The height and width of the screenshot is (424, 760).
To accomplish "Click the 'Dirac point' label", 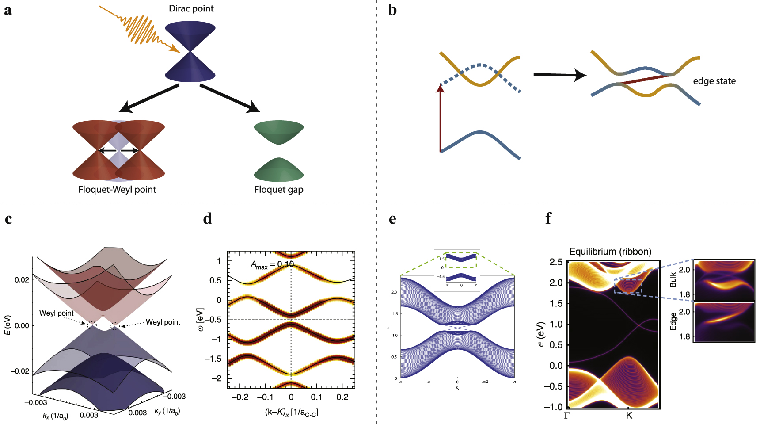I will click(191, 8).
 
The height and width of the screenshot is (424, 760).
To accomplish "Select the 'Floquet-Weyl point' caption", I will click(117, 190).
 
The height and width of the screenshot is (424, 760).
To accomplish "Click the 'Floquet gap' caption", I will click(279, 190).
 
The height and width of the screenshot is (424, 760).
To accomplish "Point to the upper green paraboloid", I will click(279, 132).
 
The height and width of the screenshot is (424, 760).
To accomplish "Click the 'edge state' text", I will click(714, 81).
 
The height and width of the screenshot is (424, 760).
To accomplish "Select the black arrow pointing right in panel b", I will click(559, 75).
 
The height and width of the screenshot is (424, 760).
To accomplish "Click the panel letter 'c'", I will click(8, 219).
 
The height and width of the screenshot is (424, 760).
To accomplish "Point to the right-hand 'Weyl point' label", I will click(163, 322).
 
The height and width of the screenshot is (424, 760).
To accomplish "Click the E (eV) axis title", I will click(8, 325).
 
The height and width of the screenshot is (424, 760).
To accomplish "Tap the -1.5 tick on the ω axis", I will click(213, 359).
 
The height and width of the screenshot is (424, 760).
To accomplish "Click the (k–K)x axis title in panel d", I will click(291, 412).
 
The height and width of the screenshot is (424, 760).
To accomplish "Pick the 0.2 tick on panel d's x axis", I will click(342, 397).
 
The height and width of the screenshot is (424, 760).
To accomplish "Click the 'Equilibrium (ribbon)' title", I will click(610, 252).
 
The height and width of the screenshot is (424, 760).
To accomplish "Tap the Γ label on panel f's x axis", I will click(567, 416).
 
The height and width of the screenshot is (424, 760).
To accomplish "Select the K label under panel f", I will click(629, 416).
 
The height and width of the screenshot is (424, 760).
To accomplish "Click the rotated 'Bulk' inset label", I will click(673, 280).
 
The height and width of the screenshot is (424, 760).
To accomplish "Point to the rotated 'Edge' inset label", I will click(673, 321).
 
